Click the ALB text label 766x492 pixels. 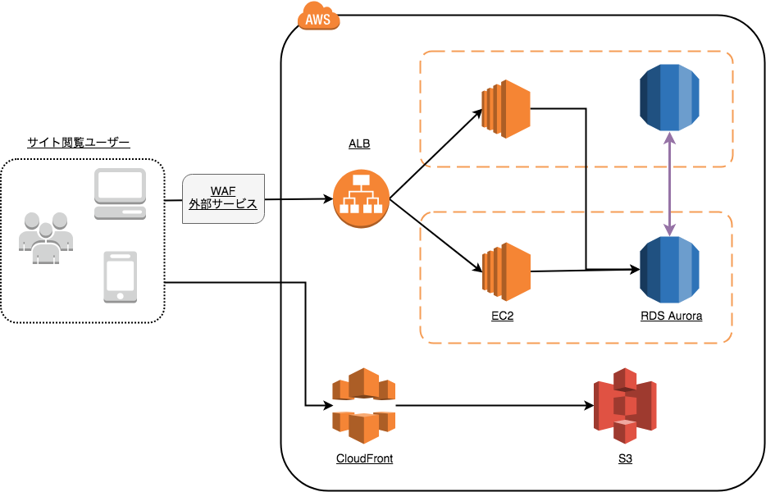359,144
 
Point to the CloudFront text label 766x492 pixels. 364,458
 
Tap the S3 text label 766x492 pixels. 625,458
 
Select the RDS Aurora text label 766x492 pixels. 671,316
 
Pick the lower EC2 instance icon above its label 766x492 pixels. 506,270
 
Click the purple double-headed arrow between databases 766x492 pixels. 671,184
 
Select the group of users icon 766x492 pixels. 46,237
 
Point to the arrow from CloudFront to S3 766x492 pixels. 492,405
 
